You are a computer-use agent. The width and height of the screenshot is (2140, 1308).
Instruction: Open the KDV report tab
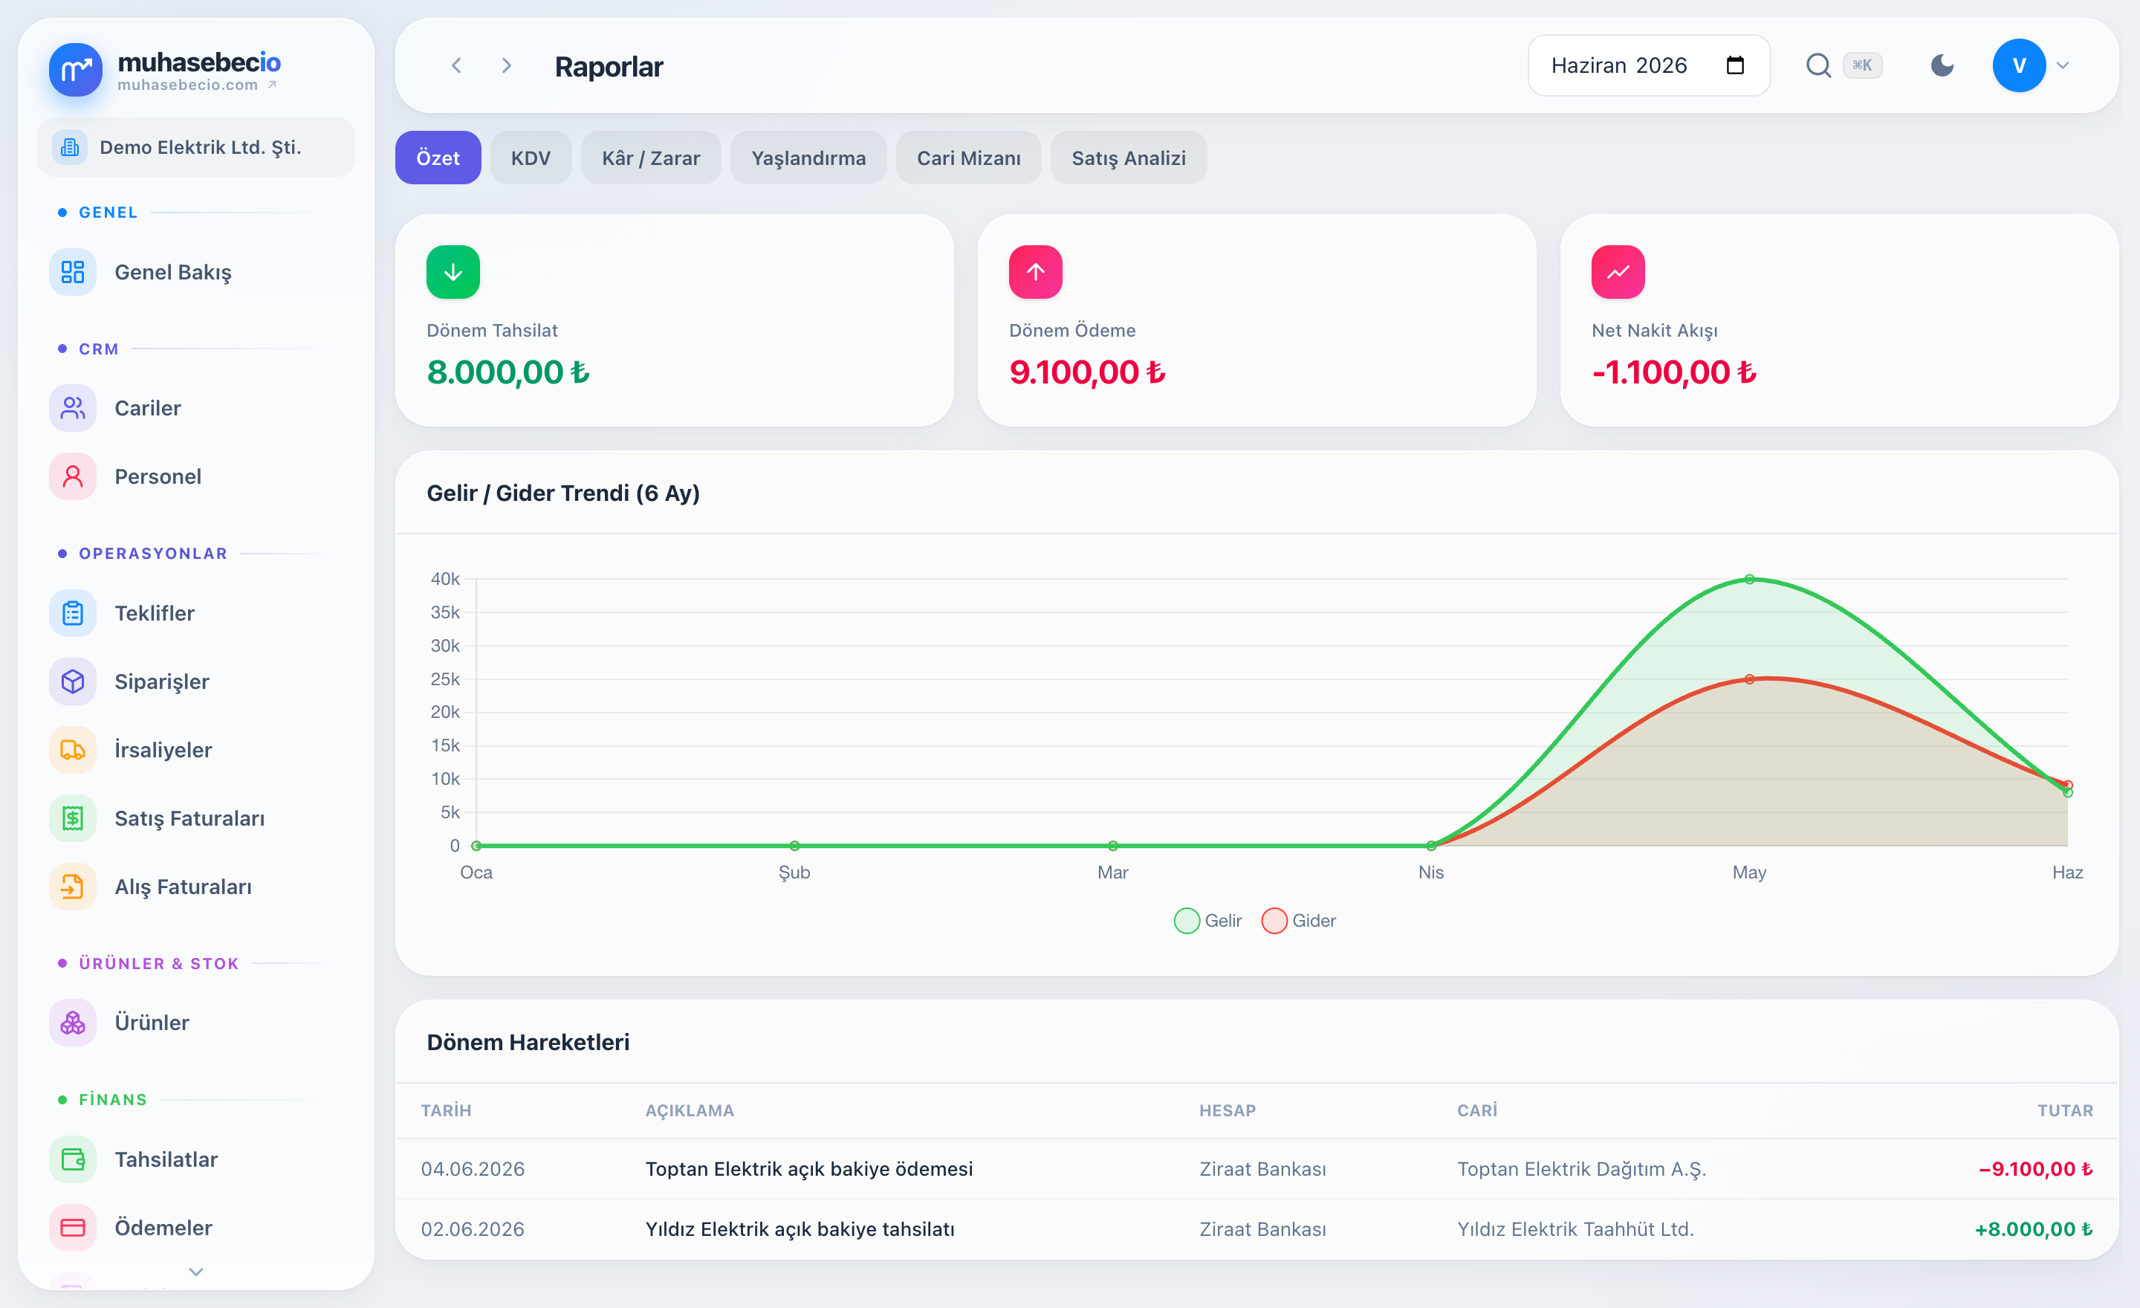coord(531,158)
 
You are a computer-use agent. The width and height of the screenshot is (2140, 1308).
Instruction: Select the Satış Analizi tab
coord(1128,158)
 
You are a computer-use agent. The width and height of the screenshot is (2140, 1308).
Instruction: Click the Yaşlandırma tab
coord(808,158)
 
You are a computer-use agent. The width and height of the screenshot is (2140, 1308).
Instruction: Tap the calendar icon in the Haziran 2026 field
coord(1734,65)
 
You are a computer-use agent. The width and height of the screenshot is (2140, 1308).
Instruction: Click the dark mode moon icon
coord(1942,65)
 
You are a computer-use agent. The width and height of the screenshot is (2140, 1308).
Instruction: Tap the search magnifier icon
coord(1818,65)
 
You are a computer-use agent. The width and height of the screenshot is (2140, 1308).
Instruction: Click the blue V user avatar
coord(2018,65)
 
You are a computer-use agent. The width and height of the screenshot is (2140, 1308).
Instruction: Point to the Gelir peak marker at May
coord(1749,579)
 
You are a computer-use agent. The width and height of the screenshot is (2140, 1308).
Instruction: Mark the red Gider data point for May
coord(1749,679)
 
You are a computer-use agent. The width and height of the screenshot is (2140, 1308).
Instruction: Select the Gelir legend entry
coord(1208,921)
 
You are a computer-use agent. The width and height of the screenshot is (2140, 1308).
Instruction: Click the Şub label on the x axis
coord(794,872)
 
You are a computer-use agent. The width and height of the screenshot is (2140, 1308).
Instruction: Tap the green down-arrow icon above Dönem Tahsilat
coord(453,272)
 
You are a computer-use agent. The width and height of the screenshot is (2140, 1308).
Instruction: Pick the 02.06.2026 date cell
coord(473,1229)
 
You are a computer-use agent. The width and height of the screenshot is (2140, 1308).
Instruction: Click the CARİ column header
coord(1476,1111)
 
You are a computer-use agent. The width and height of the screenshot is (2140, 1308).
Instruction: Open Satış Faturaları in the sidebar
coord(189,818)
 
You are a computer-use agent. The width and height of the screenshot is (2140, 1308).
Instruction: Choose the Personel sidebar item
coord(158,477)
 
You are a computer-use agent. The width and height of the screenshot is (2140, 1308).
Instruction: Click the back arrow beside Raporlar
coord(456,66)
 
